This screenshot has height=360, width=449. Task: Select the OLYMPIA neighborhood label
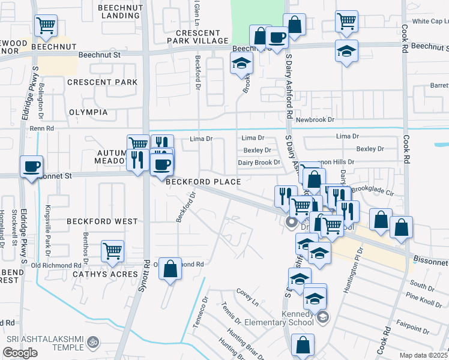(x=88, y=112)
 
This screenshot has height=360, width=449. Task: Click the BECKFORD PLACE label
(x=203, y=182)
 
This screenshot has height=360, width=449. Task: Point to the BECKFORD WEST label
(x=102, y=221)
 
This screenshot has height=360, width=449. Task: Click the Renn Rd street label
(x=42, y=128)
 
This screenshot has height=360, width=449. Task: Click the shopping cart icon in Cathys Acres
(x=112, y=251)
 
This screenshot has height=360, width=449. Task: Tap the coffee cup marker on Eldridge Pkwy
(x=31, y=166)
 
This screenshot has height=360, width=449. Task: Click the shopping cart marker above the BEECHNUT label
(x=46, y=26)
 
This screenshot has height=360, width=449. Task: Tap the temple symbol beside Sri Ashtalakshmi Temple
(x=92, y=342)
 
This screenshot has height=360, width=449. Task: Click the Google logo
(x=20, y=353)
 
